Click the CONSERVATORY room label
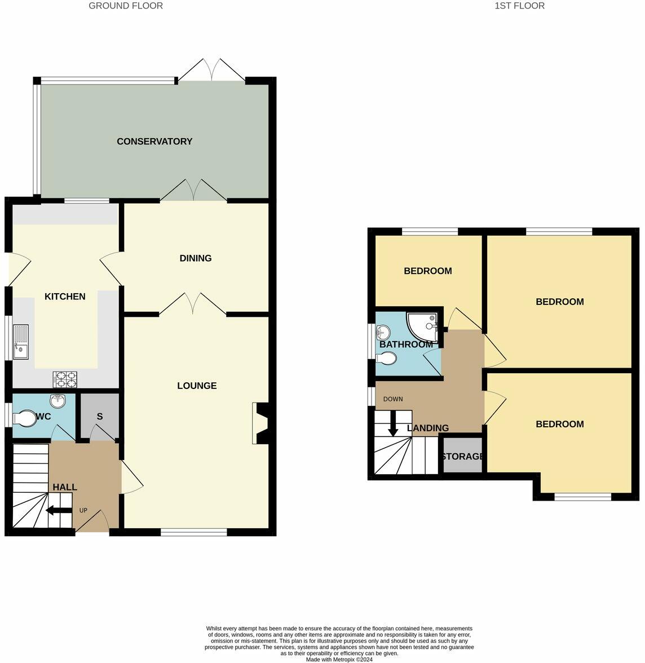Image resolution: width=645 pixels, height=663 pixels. pyautogui.click(x=154, y=142)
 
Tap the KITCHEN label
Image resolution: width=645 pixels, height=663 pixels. pyautogui.click(x=65, y=297)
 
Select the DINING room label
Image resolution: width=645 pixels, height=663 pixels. pyautogui.click(x=196, y=258)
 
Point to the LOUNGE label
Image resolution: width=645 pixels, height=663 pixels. pyautogui.click(x=197, y=386)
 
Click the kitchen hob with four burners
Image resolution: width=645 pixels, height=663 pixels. pyautogui.click(x=65, y=379)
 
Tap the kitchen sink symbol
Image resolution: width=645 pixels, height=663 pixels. pyautogui.click(x=21, y=342)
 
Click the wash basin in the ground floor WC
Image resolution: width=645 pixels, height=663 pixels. pyautogui.click(x=58, y=401)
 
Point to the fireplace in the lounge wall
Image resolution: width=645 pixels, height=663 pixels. pyautogui.click(x=260, y=423)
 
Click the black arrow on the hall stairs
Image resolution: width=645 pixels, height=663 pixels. pyautogui.click(x=58, y=511)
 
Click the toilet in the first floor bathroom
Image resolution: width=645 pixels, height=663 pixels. pyautogui.click(x=387, y=357)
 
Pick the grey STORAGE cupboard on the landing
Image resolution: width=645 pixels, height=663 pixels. pyautogui.click(x=463, y=456)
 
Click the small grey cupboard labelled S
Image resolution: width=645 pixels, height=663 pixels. pyautogui.click(x=100, y=417)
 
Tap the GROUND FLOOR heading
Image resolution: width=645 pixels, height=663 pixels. pyautogui.click(x=126, y=6)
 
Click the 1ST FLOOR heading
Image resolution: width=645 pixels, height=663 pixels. pyautogui.click(x=519, y=6)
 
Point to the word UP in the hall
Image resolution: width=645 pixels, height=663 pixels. pyautogui.click(x=83, y=510)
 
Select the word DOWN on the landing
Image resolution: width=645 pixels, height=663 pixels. pyautogui.click(x=393, y=399)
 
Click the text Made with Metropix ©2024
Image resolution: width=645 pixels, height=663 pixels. pyautogui.click(x=341, y=658)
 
